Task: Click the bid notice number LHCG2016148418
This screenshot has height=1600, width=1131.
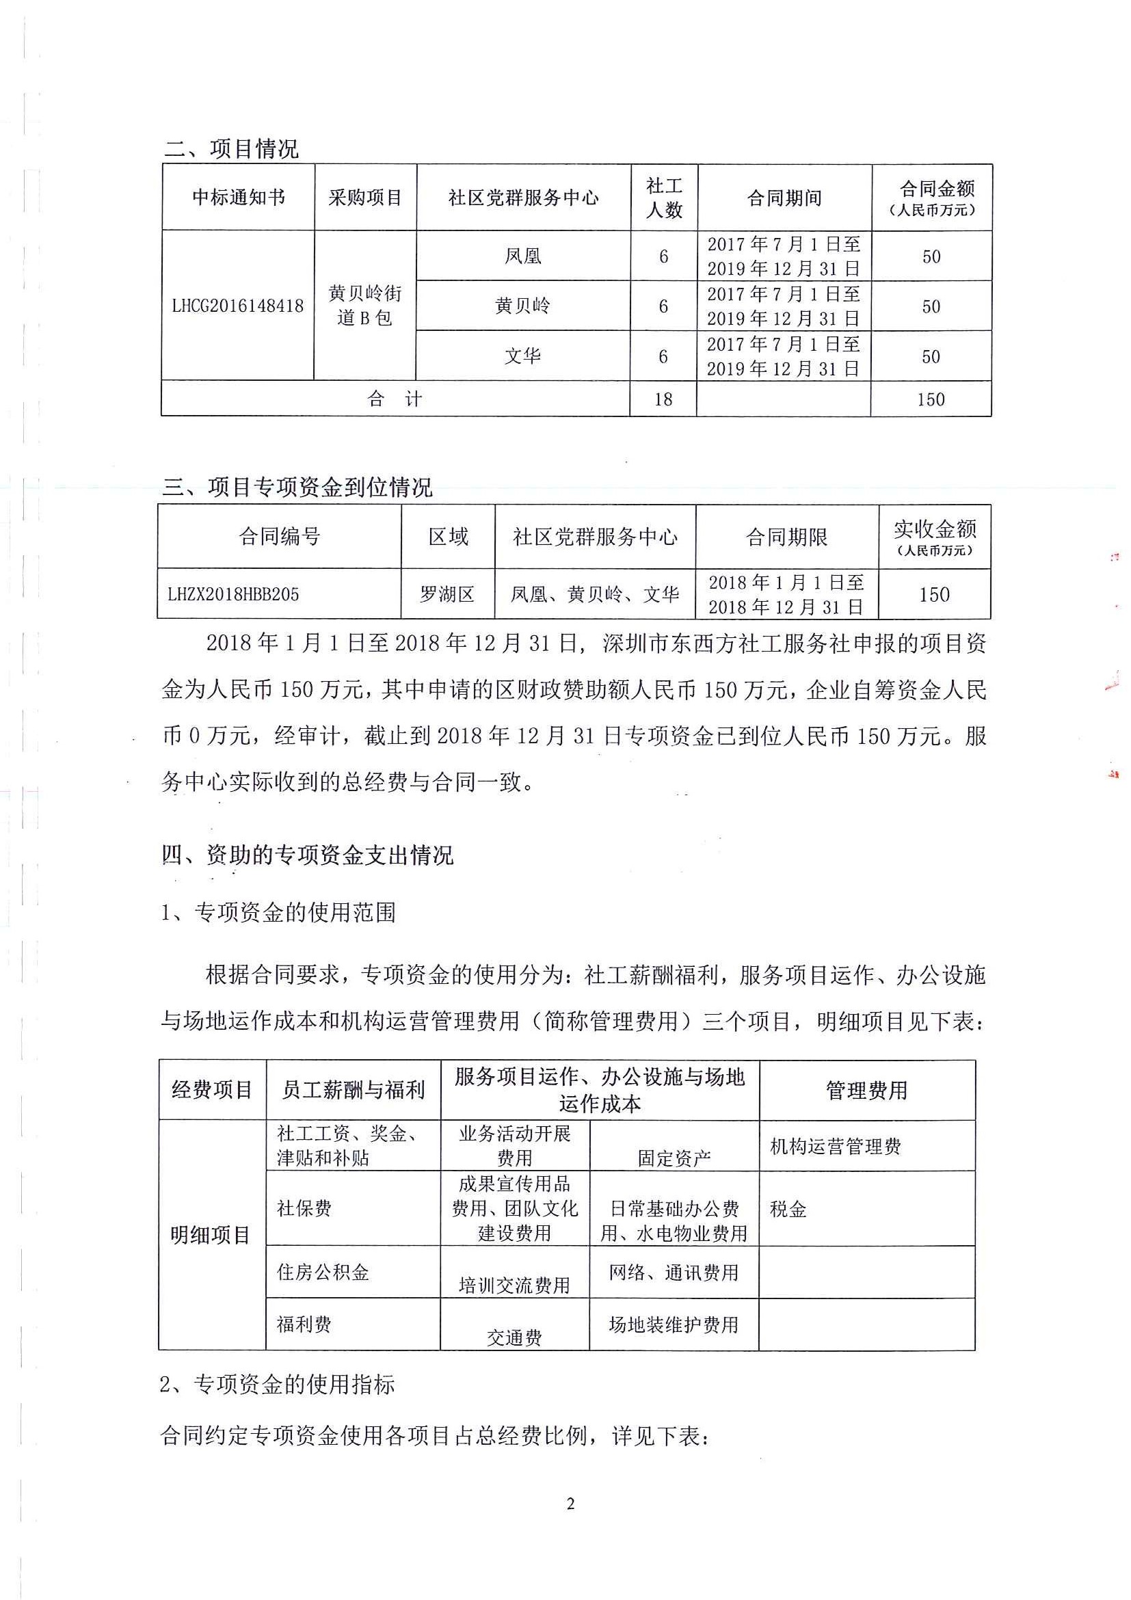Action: coord(238,305)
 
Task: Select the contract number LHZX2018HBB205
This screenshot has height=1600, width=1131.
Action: coord(233,594)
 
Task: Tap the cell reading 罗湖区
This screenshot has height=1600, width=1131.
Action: coord(447,594)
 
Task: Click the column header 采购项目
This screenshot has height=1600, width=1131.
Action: coord(365,198)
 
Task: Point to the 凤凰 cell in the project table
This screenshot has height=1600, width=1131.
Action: coord(522,256)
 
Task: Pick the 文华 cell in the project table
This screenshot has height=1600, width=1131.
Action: coord(522,356)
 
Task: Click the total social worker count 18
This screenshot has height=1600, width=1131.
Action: coord(663,399)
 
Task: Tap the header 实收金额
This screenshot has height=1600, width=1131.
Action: coord(935,537)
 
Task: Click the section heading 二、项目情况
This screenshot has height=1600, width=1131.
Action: coord(231,148)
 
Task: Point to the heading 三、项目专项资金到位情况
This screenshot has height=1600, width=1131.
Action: coord(297,487)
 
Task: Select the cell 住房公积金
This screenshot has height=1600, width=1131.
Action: coord(323,1272)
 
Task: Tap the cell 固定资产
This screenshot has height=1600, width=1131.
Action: coord(674,1158)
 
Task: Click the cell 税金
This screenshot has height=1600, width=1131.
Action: coord(788,1209)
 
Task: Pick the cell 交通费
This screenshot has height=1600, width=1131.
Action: coord(514,1337)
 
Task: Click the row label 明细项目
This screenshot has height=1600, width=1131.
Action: coord(211,1236)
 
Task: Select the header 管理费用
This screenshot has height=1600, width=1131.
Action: coord(866,1091)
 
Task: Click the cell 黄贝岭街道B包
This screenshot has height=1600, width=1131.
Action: coord(365,305)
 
